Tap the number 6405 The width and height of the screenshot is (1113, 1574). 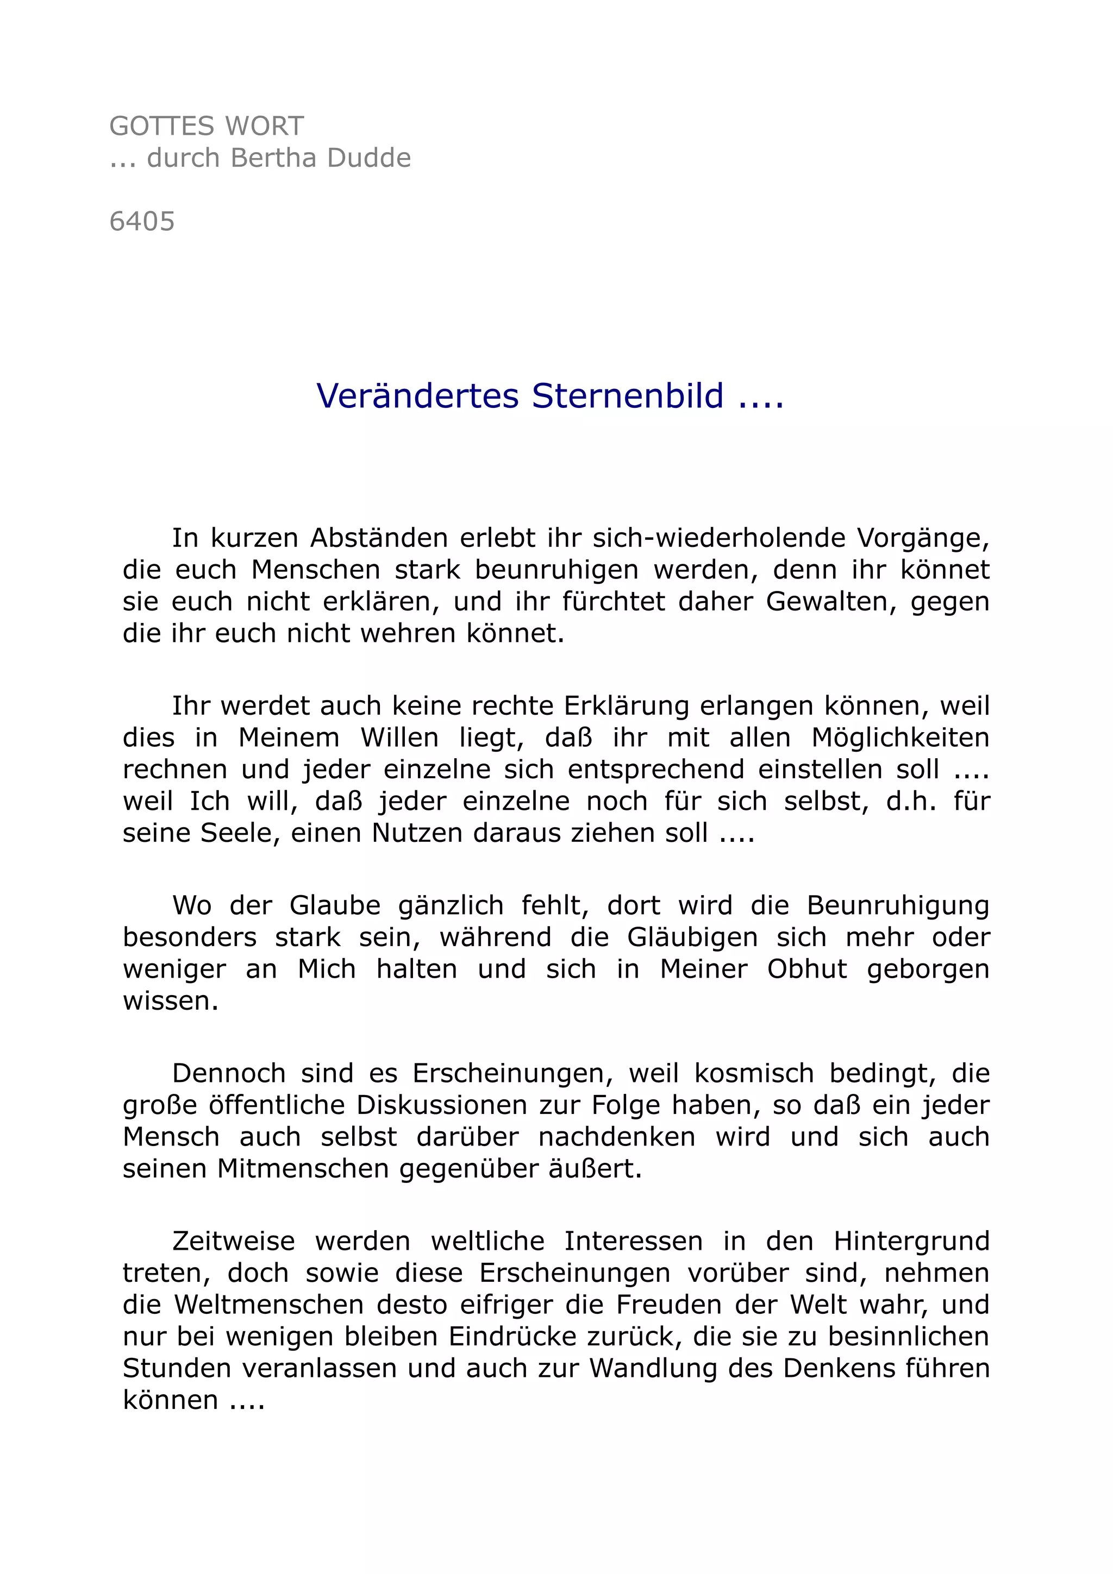pyautogui.click(x=142, y=222)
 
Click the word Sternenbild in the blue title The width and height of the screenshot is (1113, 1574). pyautogui.click(x=628, y=396)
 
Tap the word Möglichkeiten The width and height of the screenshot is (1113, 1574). pyautogui.click(x=901, y=738)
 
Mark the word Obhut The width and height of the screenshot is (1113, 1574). pyautogui.click(x=807, y=969)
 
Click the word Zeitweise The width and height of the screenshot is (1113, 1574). pyautogui.click(x=233, y=1242)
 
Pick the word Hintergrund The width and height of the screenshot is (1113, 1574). pyautogui.click(x=911, y=1242)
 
